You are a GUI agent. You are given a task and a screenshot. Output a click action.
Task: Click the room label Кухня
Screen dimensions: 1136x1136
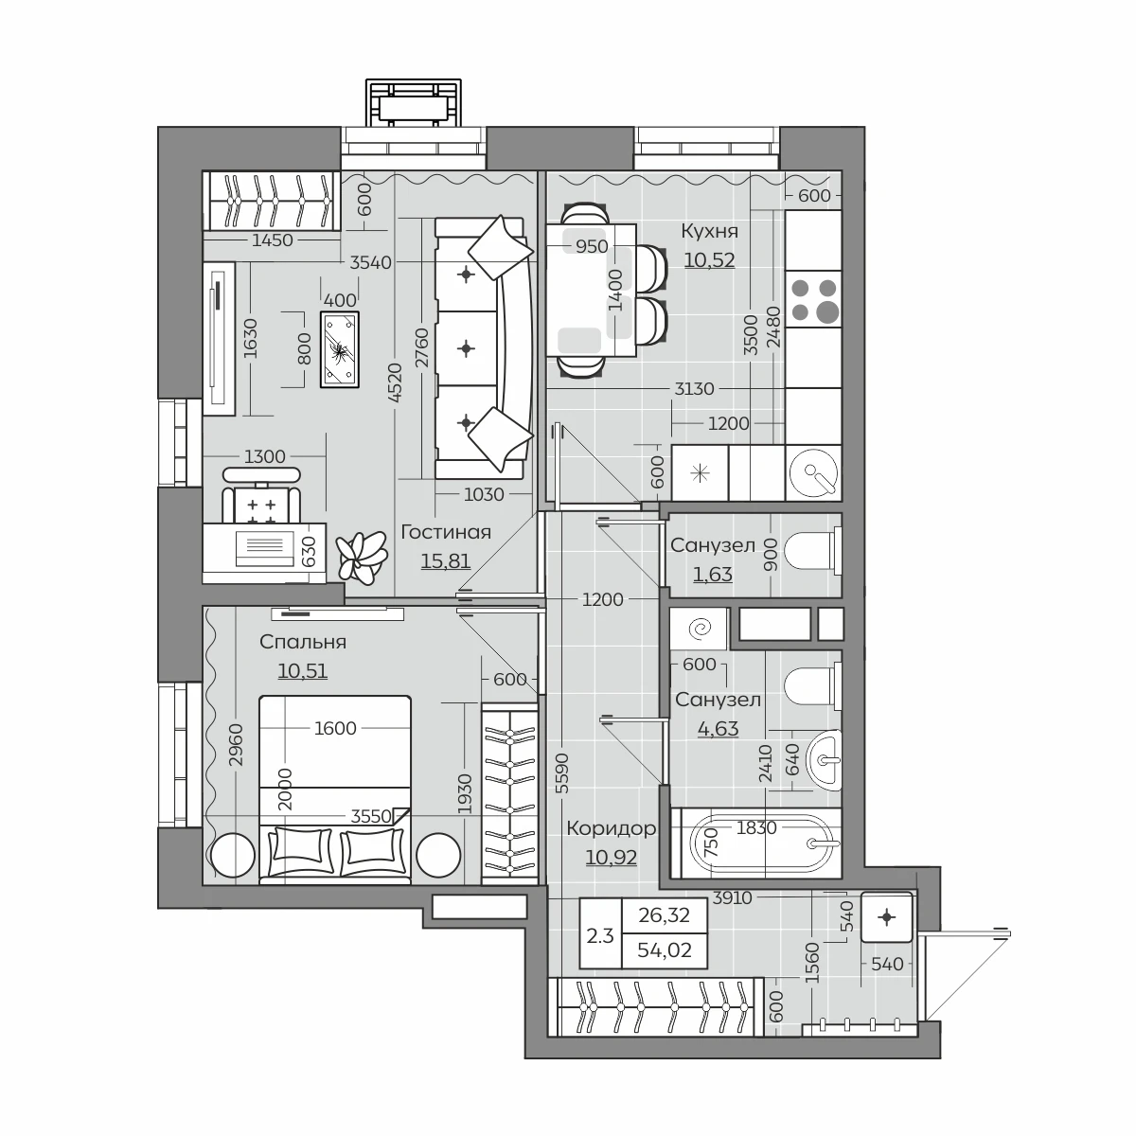709,231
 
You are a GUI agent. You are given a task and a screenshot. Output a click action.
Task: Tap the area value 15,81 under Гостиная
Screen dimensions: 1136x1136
446,560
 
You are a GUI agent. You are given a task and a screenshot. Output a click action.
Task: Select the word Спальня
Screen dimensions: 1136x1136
302,642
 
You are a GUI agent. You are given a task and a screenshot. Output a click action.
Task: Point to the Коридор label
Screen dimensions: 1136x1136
612,828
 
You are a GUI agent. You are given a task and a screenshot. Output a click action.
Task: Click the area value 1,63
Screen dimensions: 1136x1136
713,574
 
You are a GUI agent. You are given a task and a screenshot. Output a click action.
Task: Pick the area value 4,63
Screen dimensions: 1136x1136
718,729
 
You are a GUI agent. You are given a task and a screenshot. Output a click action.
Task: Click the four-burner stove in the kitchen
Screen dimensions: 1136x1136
813,299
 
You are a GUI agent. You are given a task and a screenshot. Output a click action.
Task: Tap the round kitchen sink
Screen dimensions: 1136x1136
814,472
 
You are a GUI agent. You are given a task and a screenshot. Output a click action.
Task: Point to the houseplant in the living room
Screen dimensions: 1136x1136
362,557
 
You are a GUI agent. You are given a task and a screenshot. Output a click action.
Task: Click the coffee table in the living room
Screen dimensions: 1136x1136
339,349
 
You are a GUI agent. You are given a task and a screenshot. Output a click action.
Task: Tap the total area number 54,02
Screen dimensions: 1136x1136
665,950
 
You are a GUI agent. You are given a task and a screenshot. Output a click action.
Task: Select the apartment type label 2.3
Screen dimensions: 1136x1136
600,935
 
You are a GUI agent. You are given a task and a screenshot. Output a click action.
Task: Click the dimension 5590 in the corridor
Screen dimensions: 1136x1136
562,772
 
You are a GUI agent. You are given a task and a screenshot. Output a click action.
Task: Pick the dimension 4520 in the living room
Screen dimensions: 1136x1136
395,382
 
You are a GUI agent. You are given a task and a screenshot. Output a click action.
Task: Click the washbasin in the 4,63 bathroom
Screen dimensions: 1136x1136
825,760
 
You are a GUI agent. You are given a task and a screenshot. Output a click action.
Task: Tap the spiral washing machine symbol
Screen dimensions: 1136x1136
701,629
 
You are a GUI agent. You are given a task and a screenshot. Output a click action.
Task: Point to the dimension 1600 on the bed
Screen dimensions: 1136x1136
335,728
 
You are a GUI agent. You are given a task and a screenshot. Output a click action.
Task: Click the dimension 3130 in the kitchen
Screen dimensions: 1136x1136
694,388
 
